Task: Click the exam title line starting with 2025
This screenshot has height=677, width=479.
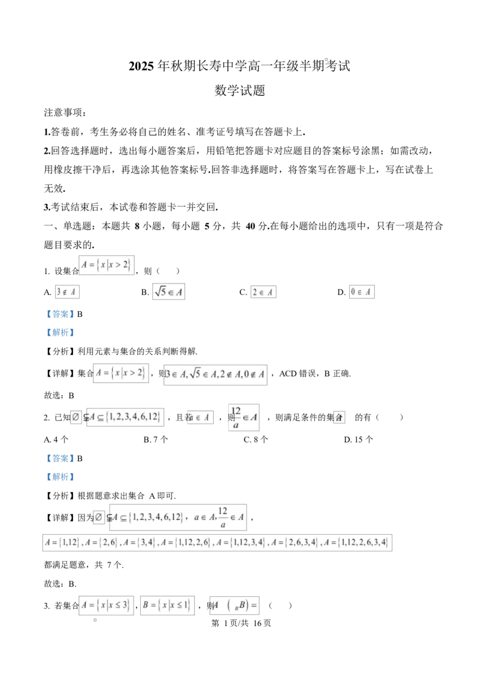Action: click(x=239, y=66)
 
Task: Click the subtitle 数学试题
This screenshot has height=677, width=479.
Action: click(x=239, y=90)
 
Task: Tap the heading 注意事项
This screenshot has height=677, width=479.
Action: click(x=65, y=112)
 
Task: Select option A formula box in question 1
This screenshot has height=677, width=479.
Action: click(x=67, y=292)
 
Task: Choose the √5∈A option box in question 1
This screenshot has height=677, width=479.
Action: click(x=169, y=292)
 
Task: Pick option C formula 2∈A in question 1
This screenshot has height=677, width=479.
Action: click(x=263, y=292)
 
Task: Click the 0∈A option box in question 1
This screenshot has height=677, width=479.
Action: click(x=362, y=292)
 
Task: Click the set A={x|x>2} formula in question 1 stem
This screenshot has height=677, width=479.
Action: click(x=107, y=265)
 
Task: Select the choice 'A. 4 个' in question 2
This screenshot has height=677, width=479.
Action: click(x=56, y=440)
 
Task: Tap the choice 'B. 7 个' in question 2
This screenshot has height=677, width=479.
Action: click(x=156, y=440)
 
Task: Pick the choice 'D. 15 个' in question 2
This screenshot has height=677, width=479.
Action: click(x=359, y=440)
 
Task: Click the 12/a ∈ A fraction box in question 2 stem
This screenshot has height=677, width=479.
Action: click(x=244, y=417)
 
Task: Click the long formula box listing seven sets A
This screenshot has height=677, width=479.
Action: click(x=217, y=542)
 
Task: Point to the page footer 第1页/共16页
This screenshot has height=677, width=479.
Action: click(x=241, y=623)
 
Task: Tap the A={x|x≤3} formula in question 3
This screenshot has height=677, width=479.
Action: click(x=107, y=605)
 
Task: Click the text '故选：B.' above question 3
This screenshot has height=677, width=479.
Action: click(x=60, y=584)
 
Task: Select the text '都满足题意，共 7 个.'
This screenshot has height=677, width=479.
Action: click(x=84, y=565)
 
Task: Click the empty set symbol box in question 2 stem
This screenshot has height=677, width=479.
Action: click(x=75, y=417)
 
